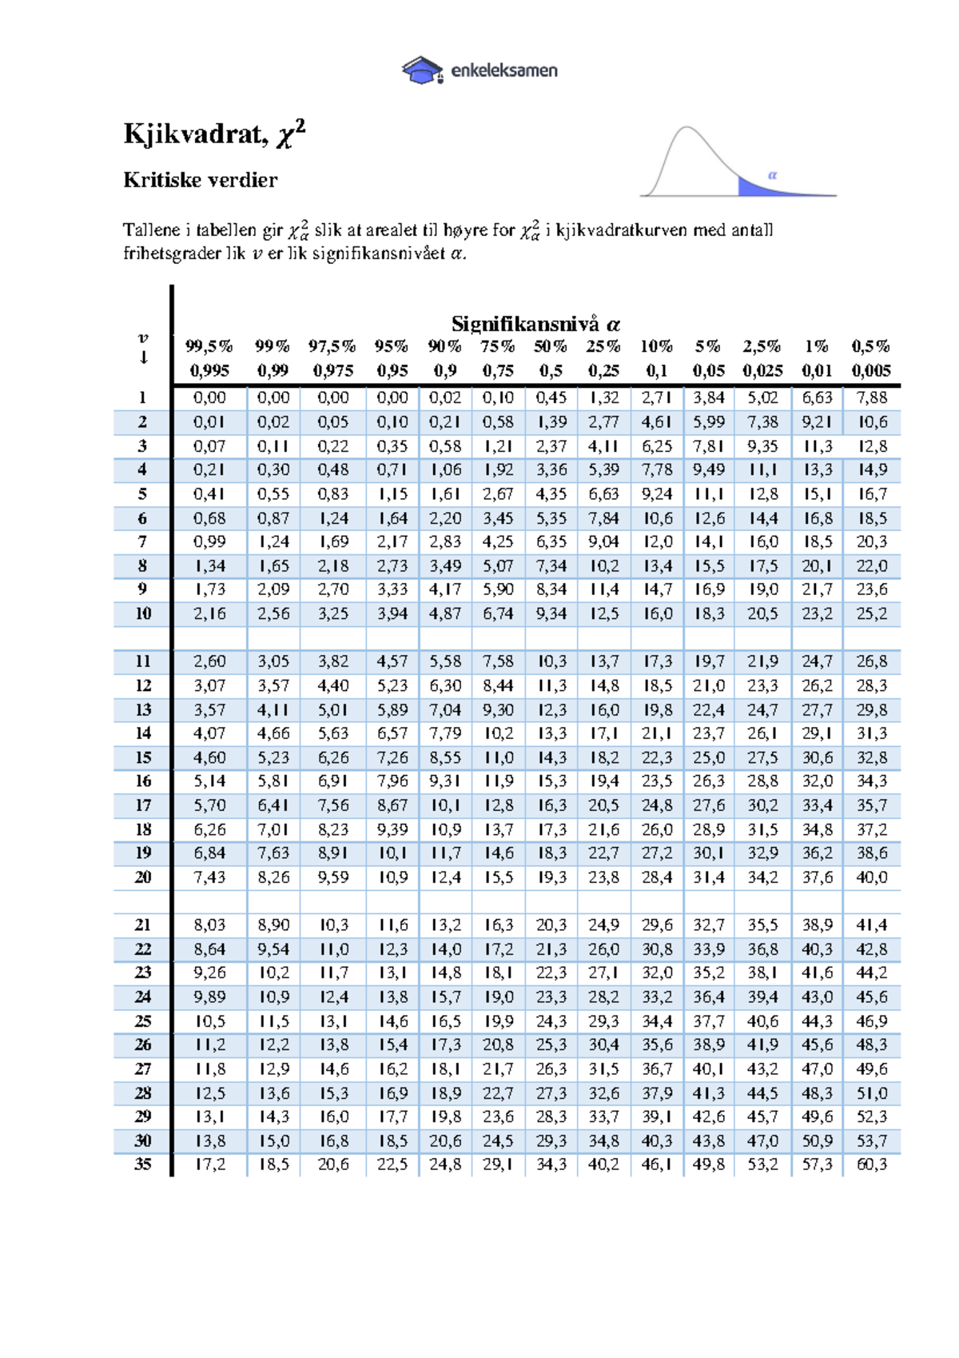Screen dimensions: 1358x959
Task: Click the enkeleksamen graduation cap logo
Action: click(x=422, y=70)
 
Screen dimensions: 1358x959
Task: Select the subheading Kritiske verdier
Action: click(x=201, y=180)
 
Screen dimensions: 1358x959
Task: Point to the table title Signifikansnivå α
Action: click(x=535, y=324)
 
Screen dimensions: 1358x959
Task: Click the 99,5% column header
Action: click(x=209, y=346)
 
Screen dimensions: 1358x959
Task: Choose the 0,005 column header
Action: click(x=870, y=370)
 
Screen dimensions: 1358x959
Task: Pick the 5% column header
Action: click(x=708, y=346)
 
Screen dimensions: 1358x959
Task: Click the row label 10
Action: click(x=142, y=613)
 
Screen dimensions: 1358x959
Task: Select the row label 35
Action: click(x=142, y=1164)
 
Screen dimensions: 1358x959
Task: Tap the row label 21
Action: click(x=142, y=925)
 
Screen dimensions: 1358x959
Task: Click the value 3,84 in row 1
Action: click(x=708, y=397)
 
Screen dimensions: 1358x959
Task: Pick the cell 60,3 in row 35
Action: click(x=871, y=1164)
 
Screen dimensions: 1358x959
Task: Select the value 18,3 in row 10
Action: click(x=708, y=613)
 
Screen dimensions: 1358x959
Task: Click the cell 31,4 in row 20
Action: click(x=708, y=877)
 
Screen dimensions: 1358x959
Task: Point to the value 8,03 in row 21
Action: click(x=209, y=925)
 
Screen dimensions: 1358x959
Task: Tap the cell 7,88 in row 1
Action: click(x=871, y=397)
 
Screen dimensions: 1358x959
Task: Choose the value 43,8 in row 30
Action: click(x=708, y=1140)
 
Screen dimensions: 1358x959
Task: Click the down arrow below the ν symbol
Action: click(x=143, y=357)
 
